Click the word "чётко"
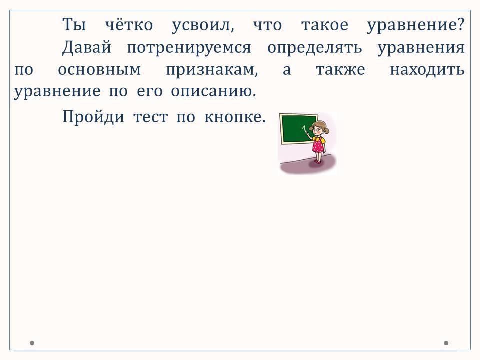coord(129,24)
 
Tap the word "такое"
coord(325,25)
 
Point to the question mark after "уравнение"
coord(461,24)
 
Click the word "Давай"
coord(87,48)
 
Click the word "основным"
coord(99,70)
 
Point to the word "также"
coord(340,70)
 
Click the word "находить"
coord(427,70)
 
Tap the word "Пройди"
coord(93,117)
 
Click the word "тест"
coord(150,117)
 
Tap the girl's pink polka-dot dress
coord(318,144)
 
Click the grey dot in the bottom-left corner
coord(32,343)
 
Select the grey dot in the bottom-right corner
coord(446,343)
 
